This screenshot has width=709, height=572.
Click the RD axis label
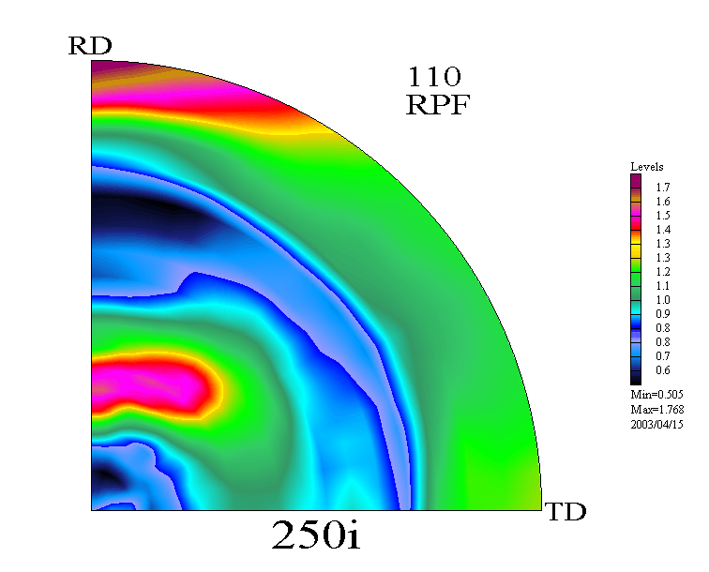[90, 46]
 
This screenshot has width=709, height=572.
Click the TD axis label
[566, 511]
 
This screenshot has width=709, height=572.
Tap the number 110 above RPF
[434, 77]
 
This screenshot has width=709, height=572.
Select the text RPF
[438, 105]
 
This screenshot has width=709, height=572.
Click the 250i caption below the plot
[316, 534]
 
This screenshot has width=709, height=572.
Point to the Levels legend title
[646, 167]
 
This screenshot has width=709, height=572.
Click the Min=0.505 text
[656, 394]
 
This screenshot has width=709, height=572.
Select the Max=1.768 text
[657, 409]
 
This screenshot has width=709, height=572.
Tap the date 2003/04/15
[656, 424]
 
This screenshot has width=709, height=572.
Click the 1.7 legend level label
[663, 188]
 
